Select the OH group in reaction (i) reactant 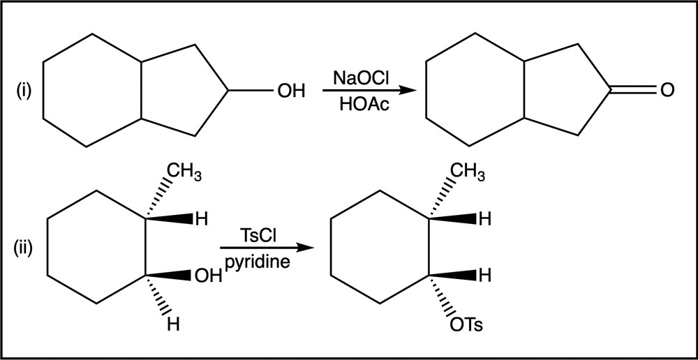290,91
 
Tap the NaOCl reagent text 361,80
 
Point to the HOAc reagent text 361,105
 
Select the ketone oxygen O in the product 667,90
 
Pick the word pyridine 258,262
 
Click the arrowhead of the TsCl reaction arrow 304,248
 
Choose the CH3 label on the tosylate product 467,172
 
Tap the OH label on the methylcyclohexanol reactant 208,276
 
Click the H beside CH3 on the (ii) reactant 201,219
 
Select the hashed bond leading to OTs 443,296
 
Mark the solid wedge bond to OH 169,276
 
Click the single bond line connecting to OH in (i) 251,91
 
